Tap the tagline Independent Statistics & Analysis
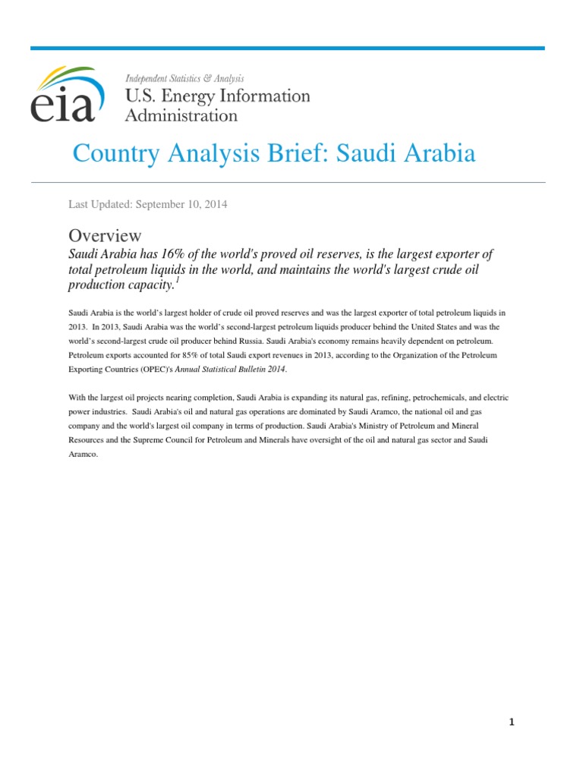click(184, 79)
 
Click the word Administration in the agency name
click(181, 115)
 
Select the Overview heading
click(105, 235)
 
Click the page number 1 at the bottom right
click(512, 722)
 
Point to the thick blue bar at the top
click(288, 48)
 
